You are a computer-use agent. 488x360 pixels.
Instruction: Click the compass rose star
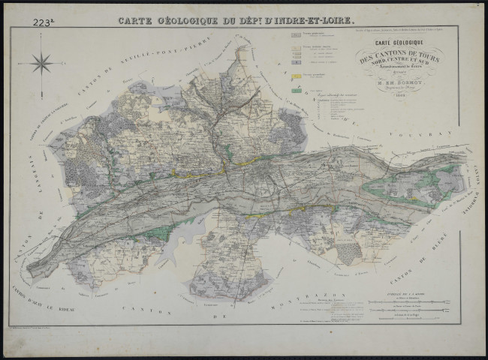click(42, 63)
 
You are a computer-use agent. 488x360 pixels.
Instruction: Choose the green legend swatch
click(297, 89)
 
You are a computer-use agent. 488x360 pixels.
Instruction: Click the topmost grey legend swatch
click(297, 35)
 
